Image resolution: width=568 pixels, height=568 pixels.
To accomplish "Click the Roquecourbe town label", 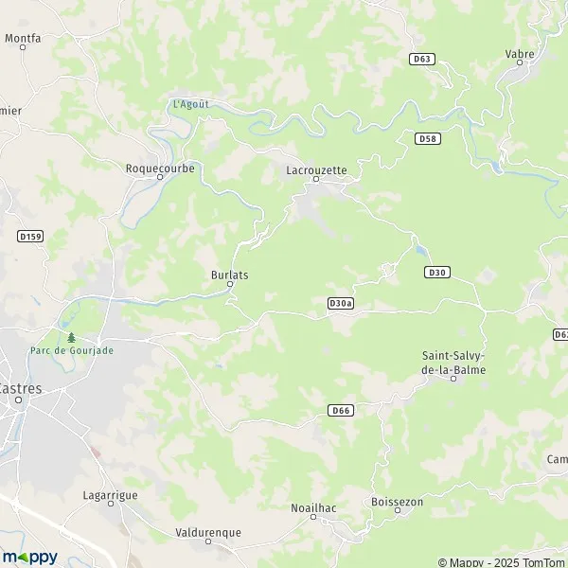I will (x=159, y=168).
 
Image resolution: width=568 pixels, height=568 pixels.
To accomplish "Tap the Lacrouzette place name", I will (x=316, y=170).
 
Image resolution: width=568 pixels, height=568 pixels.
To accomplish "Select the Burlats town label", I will (x=229, y=275).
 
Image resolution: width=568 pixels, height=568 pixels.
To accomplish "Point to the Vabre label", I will (x=520, y=54).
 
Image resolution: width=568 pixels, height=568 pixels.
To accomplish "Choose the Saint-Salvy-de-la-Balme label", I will (x=453, y=363).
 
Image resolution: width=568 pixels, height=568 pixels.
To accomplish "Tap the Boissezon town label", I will (x=397, y=502).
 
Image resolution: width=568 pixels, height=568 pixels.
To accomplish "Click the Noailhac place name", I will (x=312, y=508).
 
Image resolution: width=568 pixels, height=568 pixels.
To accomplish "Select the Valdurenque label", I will (x=208, y=533).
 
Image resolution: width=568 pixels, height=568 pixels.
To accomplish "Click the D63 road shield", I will (x=422, y=59).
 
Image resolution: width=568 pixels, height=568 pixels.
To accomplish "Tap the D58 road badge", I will (x=428, y=138).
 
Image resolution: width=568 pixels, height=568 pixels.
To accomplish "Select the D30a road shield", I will (x=341, y=303).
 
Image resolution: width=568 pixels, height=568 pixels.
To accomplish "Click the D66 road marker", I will (x=342, y=410).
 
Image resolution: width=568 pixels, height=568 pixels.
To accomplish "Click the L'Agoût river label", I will (x=190, y=104).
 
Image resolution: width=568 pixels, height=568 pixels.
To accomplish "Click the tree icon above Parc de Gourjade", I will (x=70, y=336).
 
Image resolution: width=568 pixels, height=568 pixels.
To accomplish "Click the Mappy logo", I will (x=30, y=557).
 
